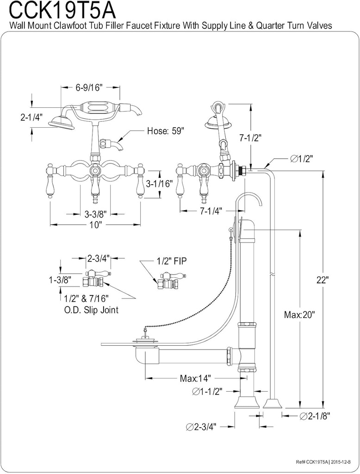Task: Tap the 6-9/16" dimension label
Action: pyautogui.click(x=88, y=87)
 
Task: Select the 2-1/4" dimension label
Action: pyautogui.click(x=31, y=118)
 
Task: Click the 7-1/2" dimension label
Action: pyautogui.click(x=251, y=137)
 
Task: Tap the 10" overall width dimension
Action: pyautogui.click(x=95, y=225)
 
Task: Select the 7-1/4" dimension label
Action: pyautogui.click(x=211, y=211)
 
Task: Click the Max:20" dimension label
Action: pyautogui.click(x=299, y=315)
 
